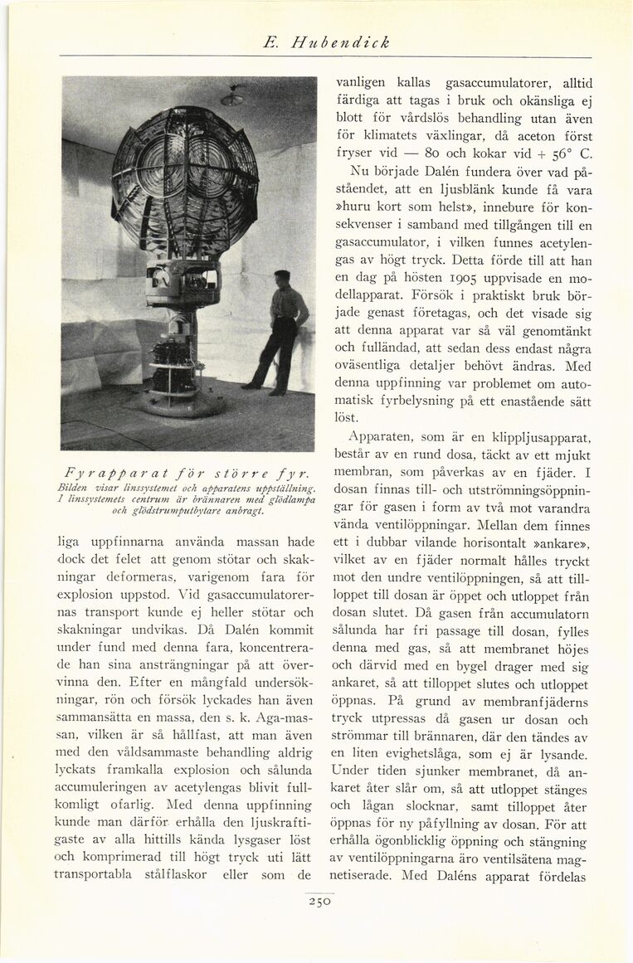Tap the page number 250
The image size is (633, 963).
[x=318, y=903]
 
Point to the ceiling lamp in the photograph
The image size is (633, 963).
[x=232, y=98]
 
